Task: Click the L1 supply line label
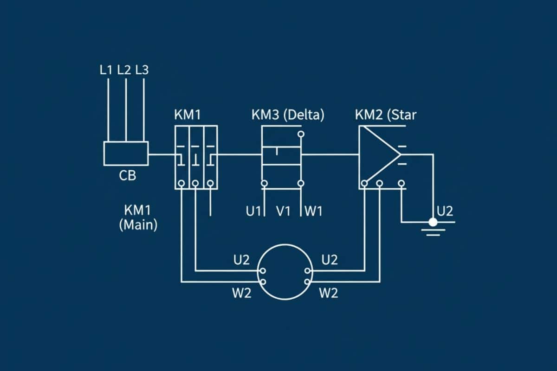[106, 70]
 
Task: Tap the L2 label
[124, 70]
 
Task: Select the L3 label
[142, 70]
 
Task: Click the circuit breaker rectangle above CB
[126, 153]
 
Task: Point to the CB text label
[128, 176]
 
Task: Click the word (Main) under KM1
[138, 225]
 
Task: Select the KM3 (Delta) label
[288, 115]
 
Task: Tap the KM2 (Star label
[386, 115]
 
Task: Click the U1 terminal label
[253, 211]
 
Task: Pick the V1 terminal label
[283, 211]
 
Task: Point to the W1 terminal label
[314, 211]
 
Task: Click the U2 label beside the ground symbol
[445, 211]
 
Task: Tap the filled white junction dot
[433, 222]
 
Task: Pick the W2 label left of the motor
[241, 293]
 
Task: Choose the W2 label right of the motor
[329, 293]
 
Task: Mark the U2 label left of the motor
[241, 260]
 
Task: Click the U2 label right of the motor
[329, 260]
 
